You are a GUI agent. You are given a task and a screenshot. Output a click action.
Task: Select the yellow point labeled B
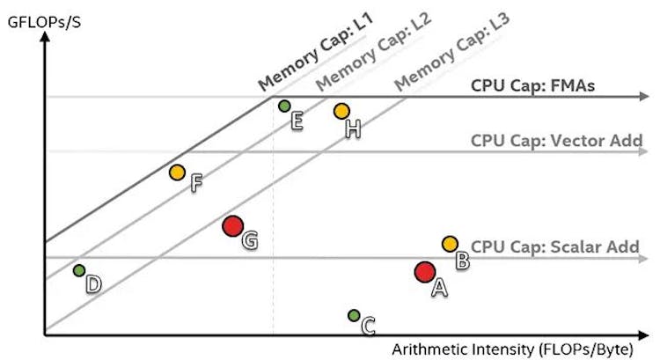pos(450,244)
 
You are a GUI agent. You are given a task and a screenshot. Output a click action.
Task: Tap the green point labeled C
pos(354,315)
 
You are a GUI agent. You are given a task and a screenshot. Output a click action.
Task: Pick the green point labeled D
pos(79,270)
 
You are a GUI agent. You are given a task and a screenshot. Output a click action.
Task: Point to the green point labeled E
pos(284,107)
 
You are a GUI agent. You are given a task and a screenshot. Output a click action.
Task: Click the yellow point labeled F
pos(177,172)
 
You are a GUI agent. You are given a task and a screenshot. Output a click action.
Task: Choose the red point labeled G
pos(232,226)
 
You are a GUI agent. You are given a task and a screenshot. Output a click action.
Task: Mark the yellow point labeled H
pos(341,111)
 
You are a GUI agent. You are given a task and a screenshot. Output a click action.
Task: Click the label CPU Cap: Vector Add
pos(556,140)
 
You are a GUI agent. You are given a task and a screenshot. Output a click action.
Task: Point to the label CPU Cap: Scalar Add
pos(555,247)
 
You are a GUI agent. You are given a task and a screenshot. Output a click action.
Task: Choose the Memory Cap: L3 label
pos(452,52)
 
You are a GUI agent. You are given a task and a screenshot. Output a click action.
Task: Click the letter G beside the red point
pos(249,239)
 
